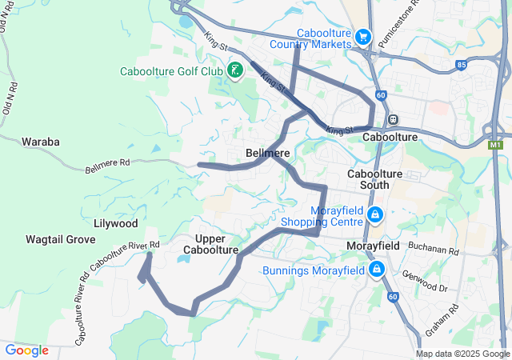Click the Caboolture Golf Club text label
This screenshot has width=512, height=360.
(171, 71)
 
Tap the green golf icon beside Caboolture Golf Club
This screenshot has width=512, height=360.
(235, 70)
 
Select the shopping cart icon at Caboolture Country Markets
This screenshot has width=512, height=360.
(364, 37)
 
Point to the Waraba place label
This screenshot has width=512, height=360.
(41, 142)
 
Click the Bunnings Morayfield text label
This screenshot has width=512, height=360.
(313, 270)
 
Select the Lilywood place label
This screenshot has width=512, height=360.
(116, 223)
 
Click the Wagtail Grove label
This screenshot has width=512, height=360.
(60, 239)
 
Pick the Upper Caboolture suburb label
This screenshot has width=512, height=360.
(211, 245)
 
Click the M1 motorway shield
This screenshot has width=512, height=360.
(496, 145)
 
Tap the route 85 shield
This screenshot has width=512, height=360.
(461, 65)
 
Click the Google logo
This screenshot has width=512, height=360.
(26, 350)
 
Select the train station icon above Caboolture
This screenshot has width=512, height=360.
(393, 119)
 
